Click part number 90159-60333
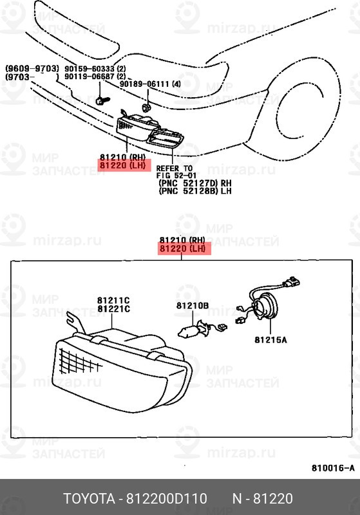click(x=90, y=69)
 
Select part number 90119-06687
click(x=90, y=77)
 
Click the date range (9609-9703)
click(x=32, y=69)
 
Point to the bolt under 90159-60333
click(x=102, y=100)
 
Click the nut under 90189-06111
click(x=146, y=107)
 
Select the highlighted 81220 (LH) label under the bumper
click(x=122, y=165)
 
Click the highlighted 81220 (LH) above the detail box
click(x=183, y=248)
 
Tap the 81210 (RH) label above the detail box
click(x=182, y=240)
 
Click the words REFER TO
click(x=174, y=169)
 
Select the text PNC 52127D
click(x=189, y=183)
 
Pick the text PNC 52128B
click(x=189, y=191)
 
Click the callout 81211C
click(x=113, y=300)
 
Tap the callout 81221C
click(x=113, y=309)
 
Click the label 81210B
click(x=193, y=306)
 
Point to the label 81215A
click(x=270, y=340)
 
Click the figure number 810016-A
click(x=333, y=468)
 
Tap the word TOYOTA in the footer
click(x=89, y=498)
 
